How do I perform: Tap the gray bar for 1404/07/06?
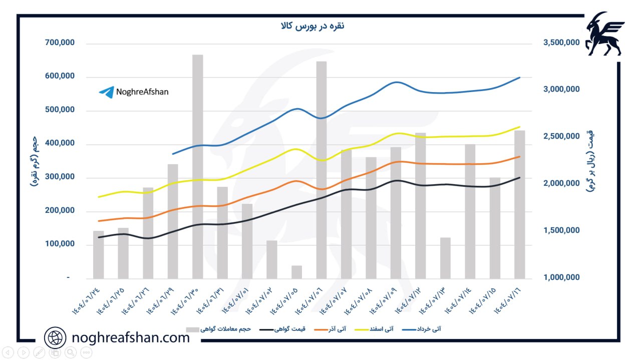(x=322, y=170)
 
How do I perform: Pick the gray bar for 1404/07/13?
(x=446, y=258)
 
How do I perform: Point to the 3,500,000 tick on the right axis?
(x=561, y=43)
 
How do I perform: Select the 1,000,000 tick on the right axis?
(x=561, y=277)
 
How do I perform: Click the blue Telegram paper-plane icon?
(x=106, y=92)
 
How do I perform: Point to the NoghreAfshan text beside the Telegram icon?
(x=142, y=92)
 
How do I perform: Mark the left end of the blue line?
(x=172, y=154)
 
